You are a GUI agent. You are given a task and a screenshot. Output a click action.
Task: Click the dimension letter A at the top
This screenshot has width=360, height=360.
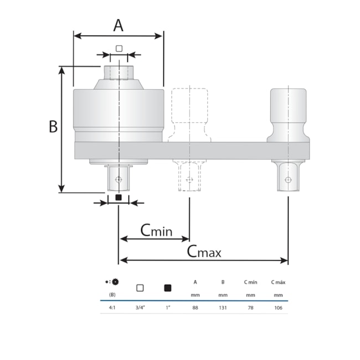pyautogui.click(x=118, y=25)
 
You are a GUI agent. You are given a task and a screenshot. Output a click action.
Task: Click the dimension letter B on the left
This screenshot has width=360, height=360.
pyautogui.click(x=53, y=126)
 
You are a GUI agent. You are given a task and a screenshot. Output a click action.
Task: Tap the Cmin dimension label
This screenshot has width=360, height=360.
pyautogui.click(x=156, y=230)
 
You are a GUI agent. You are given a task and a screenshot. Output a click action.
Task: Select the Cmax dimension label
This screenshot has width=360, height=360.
pyautogui.click(x=204, y=251)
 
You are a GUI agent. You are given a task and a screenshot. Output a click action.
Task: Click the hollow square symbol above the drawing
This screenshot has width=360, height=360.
pyautogui.click(x=119, y=48)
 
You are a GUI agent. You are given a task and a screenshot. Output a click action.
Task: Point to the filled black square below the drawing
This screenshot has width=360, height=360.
pyautogui.click(x=118, y=197)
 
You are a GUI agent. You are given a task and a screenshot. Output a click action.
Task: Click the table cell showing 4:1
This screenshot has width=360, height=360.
pyautogui.click(x=112, y=307)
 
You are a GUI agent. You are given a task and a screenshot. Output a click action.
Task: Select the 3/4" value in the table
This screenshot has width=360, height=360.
pyautogui.click(x=140, y=307)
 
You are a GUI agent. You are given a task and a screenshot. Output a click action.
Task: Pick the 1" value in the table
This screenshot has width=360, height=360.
pyautogui.click(x=168, y=307)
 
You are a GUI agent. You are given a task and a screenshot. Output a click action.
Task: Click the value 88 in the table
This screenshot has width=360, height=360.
pyautogui.click(x=195, y=307)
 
